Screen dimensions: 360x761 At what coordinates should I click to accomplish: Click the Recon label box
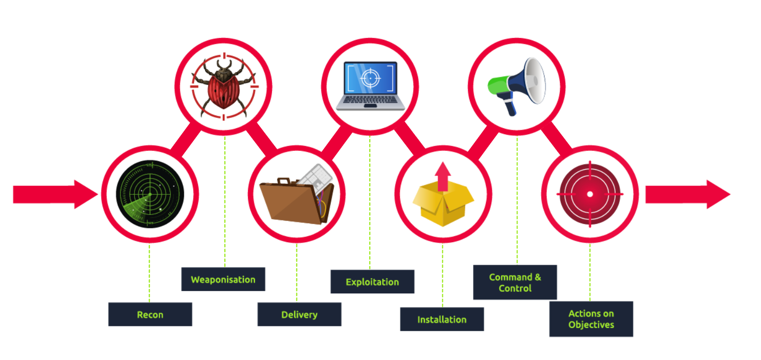pyautogui.click(x=150, y=314)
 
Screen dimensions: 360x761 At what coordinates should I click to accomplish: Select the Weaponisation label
pyautogui.click(x=223, y=279)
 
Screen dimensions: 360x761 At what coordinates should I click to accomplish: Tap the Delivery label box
pyautogui.click(x=299, y=314)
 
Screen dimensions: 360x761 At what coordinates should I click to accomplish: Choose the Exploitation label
pyautogui.click(x=372, y=282)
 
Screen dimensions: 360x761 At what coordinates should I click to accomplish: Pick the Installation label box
pyautogui.click(x=442, y=319)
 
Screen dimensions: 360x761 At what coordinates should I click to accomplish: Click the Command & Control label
pyautogui.click(x=515, y=282)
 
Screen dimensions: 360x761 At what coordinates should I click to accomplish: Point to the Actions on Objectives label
pyautogui.click(x=591, y=319)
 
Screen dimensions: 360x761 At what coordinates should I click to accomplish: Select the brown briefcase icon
pyautogui.click(x=296, y=197)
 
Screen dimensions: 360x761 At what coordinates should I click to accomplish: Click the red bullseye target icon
pyautogui.click(x=589, y=194)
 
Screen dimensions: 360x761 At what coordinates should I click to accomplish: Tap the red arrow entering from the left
pyautogui.click(x=54, y=194)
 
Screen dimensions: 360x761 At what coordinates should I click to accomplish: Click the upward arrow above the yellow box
pyautogui.click(x=443, y=175)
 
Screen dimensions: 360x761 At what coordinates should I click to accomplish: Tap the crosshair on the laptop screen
pyautogui.click(x=370, y=78)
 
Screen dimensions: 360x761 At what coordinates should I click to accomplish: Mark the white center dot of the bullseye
pyautogui.click(x=589, y=194)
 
